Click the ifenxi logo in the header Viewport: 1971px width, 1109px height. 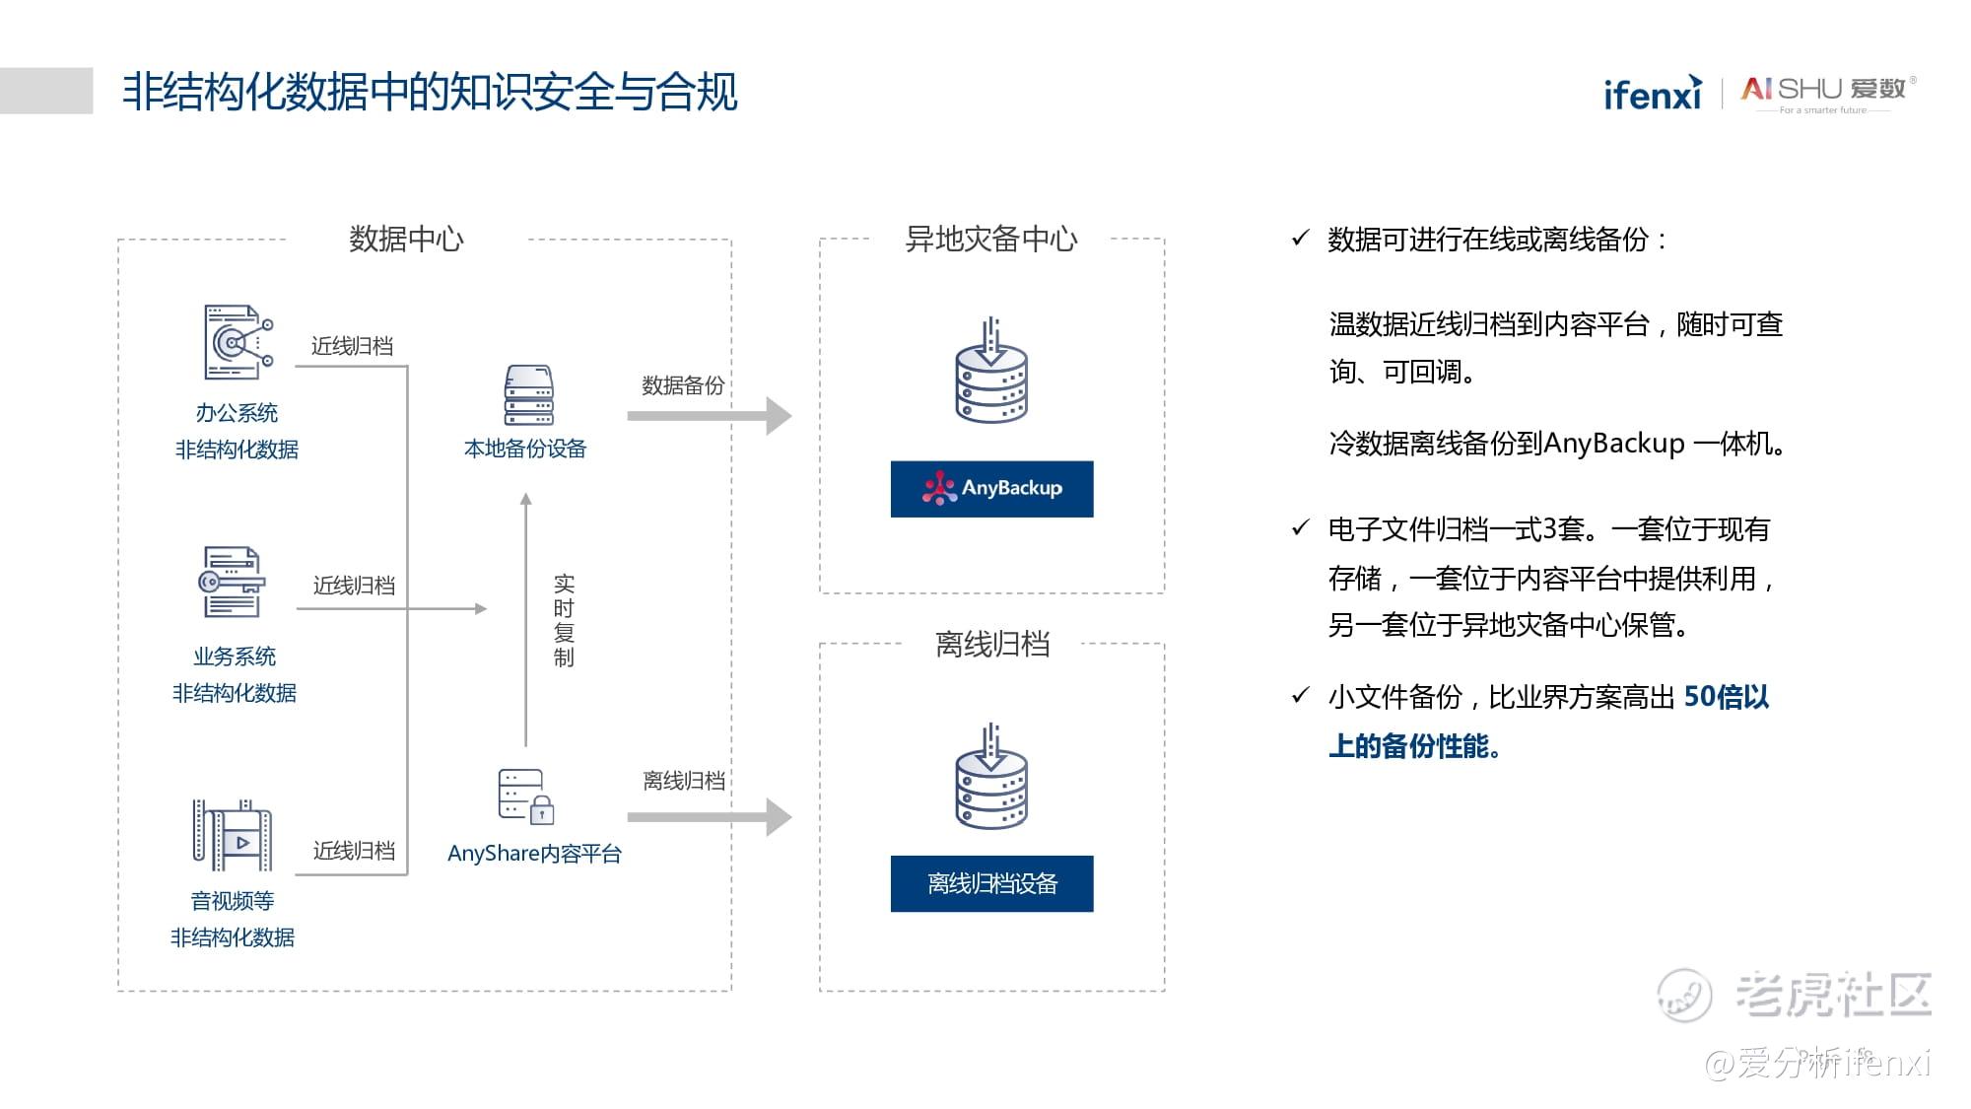pyautogui.click(x=1653, y=93)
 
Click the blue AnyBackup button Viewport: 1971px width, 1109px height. pyautogui.click(x=991, y=489)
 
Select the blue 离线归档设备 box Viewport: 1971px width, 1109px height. pyautogui.click(x=991, y=883)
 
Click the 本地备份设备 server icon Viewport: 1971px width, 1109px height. pyautogui.click(x=528, y=395)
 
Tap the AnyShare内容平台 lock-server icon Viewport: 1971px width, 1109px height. pyautogui.click(x=526, y=797)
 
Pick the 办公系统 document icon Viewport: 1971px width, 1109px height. pyautogui.click(x=238, y=342)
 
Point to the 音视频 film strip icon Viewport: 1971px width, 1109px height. pyautogui.click(x=232, y=835)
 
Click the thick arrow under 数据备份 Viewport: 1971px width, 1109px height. pyautogui.click(x=710, y=416)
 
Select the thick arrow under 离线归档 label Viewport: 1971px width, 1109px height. pyautogui.click(x=710, y=817)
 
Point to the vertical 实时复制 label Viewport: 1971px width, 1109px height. pyautogui.click(x=564, y=620)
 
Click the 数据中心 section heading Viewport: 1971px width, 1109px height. pyautogui.click(x=406, y=239)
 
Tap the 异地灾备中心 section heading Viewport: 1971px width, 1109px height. pyautogui.click(x=991, y=239)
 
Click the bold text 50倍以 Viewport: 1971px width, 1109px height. pyautogui.click(x=1726, y=697)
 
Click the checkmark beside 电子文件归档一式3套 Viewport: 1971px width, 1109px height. pyautogui.click(x=1300, y=528)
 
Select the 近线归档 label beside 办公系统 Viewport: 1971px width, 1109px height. pyautogui.click(x=352, y=346)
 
